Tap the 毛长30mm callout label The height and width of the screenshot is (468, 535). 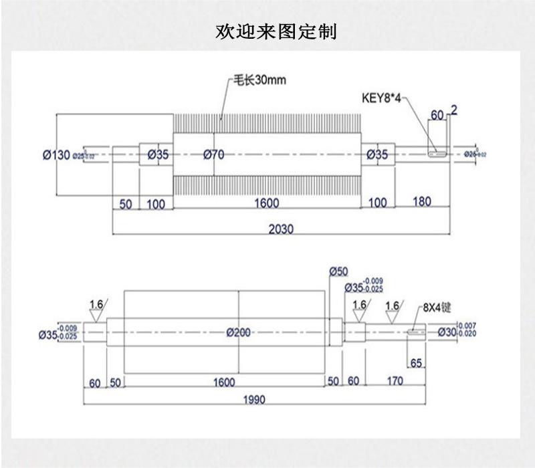258,80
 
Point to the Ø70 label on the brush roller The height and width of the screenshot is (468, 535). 213,154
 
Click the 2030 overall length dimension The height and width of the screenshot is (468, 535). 281,228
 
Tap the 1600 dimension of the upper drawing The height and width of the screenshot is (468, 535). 267,203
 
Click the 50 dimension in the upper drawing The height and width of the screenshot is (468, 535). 126,203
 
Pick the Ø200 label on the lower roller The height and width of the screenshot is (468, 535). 239,332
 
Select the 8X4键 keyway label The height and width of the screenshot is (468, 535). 437,308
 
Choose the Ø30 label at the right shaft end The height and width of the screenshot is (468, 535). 447,332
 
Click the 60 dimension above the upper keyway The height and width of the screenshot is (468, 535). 437,116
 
